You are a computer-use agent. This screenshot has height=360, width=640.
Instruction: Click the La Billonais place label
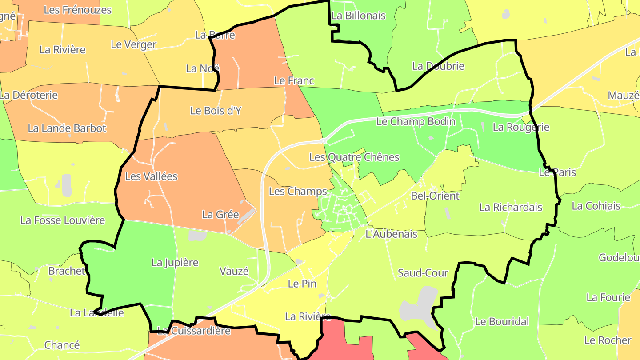pos(358,16)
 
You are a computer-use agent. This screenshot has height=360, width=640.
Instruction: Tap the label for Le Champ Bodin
pos(416,121)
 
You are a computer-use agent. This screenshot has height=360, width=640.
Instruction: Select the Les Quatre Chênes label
pos(354,157)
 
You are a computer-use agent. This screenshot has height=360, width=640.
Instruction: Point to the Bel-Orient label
pos(435,196)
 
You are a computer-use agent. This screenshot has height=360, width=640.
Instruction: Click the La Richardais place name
pos(511,207)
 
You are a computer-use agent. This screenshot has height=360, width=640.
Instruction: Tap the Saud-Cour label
pos(423,273)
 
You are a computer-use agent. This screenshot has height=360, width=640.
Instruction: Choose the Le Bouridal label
pos(502,321)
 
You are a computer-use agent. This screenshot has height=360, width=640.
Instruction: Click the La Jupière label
pos(175,263)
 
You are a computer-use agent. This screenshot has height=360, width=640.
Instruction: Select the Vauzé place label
pos(234,271)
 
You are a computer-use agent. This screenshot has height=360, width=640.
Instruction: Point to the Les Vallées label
pos(151,176)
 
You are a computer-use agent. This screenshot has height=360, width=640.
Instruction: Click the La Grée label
pos(220,215)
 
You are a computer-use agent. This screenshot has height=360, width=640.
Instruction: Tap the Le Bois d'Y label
pos(216,111)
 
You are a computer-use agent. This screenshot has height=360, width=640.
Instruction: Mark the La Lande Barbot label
pos(67,128)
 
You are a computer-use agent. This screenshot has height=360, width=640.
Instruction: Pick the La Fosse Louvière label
pos(63,220)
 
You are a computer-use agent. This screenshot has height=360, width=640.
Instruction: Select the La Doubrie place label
pos(438,66)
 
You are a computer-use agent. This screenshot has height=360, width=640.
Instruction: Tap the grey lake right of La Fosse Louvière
pos(66,185)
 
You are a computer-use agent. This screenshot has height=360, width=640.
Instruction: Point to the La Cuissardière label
pos(194,331)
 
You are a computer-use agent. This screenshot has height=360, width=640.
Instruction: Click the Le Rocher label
pos(608,340)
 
